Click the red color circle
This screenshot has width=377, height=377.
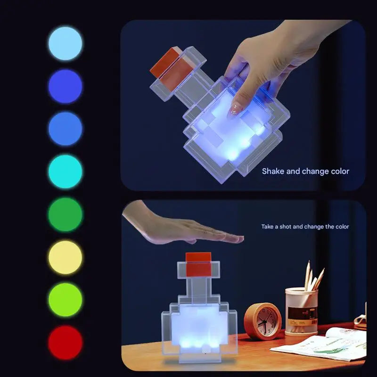click(x=65, y=342)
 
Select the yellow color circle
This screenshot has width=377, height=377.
click(x=65, y=257)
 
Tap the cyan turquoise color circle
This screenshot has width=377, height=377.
click(x=65, y=172)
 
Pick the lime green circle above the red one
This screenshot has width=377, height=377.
click(x=65, y=300)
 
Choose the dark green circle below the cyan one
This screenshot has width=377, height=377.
click(x=65, y=214)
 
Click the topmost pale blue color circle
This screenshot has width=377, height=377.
click(x=65, y=43)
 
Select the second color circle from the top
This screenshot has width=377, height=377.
click(x=65, y=86)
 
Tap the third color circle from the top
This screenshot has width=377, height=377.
click(x=65, y=129)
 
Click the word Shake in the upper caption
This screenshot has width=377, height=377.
click(x=273, y=171)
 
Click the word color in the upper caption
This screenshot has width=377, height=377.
click(x=339, y=171)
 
